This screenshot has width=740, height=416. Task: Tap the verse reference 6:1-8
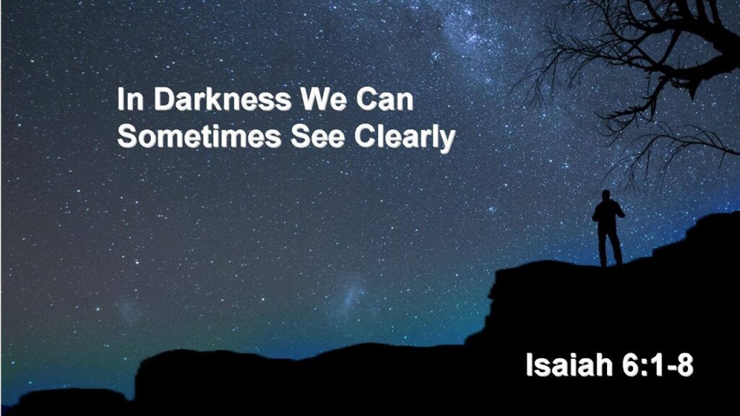coord(656,365)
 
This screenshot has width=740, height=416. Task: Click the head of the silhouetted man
coord(606,195)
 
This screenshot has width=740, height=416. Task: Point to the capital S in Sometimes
coord(126,136)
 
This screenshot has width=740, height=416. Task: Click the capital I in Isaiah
coord(530,365)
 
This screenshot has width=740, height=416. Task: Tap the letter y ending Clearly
coord(447,139)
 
